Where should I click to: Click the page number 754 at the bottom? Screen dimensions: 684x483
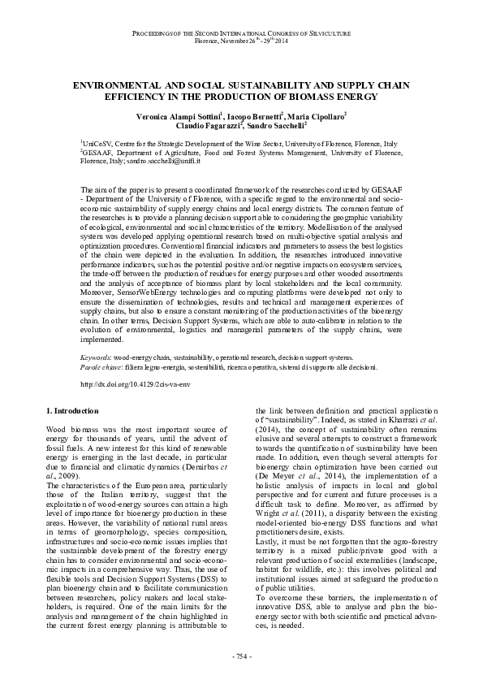(x=241, y=656)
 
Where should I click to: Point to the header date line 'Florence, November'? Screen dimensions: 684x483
(x=219, y=40)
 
